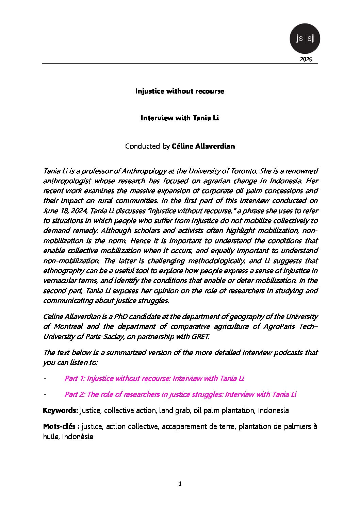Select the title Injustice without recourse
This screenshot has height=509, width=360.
(x=180, y=91)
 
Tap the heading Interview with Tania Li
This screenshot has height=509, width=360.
(x=180, y=118)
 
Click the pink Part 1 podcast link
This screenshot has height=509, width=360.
(x=154, y=378)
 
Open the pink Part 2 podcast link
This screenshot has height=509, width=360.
(x=180, y=394)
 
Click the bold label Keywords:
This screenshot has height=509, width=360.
(x=61, y=410)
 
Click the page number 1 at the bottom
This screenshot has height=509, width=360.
(x=180, y=484)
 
